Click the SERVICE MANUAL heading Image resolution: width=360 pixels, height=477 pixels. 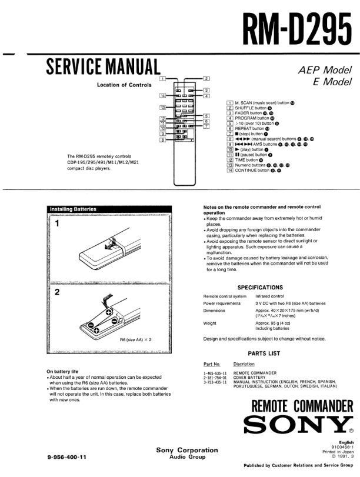104,66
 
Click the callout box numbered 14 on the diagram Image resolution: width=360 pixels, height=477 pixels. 162,95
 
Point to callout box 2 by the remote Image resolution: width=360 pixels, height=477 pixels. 206,78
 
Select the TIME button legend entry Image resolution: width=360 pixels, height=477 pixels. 246,160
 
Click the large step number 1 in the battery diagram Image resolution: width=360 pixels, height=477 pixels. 58,224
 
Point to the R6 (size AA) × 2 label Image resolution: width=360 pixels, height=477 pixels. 136,340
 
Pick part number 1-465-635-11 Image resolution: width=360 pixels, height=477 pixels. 215,373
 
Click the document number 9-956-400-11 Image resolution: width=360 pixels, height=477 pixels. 66,457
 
